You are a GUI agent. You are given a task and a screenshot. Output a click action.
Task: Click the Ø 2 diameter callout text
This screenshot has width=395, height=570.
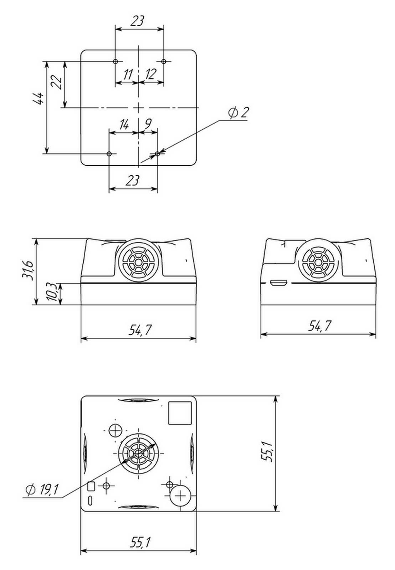point(238,113)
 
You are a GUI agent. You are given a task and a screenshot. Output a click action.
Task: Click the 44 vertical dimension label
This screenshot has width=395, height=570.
point(39,99)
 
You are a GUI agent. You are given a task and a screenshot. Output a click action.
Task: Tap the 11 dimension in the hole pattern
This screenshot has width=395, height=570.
point(127,74)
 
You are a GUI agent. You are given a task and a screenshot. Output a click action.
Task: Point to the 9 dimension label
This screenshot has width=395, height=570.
point(148,124)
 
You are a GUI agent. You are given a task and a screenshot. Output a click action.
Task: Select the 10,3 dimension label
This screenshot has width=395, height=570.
point(51,292)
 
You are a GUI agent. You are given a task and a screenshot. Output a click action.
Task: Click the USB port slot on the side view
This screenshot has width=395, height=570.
point(279,283)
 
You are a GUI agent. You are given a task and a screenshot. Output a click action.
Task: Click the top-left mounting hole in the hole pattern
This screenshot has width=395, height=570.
point(115,62)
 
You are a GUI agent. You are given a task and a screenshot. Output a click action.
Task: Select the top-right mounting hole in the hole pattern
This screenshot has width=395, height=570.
point(164,62)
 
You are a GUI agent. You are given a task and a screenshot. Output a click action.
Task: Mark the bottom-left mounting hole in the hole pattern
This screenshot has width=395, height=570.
point(109,154)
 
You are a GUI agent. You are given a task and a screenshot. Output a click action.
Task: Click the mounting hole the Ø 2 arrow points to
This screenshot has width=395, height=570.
point(157,154)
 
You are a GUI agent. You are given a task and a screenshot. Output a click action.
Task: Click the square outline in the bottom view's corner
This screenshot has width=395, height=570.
point(180,413)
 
